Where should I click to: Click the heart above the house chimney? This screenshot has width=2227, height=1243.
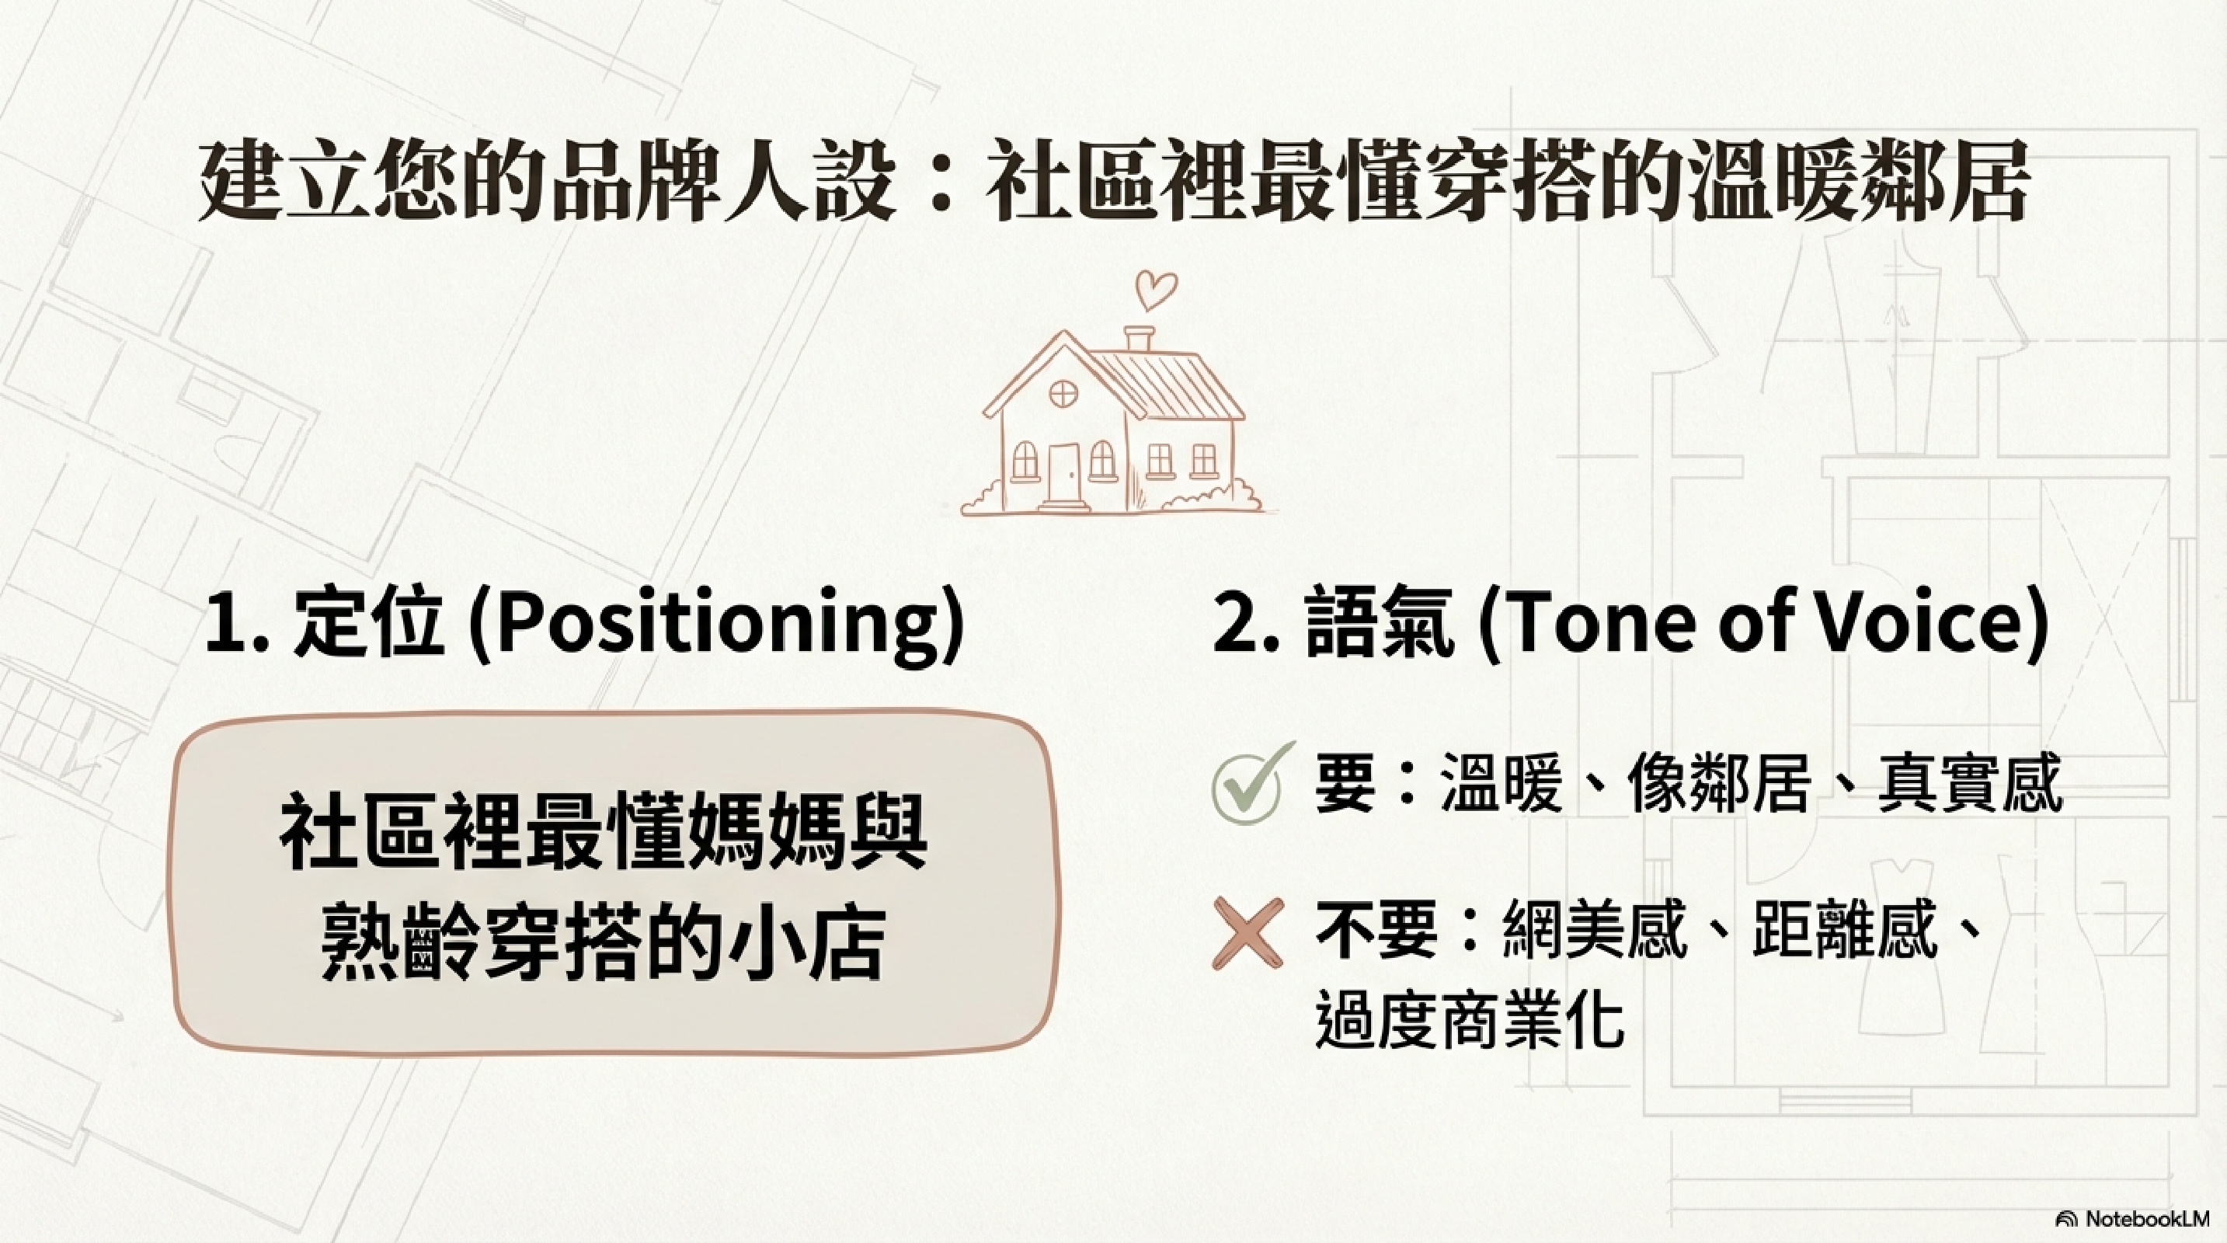[1155, 291]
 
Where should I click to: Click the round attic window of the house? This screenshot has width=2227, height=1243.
[1063, 394]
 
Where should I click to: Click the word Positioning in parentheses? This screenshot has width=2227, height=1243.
[717, 624]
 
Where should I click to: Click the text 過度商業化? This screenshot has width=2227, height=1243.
[1470, 1020]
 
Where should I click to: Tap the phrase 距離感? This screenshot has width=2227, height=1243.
[1843, 930]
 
